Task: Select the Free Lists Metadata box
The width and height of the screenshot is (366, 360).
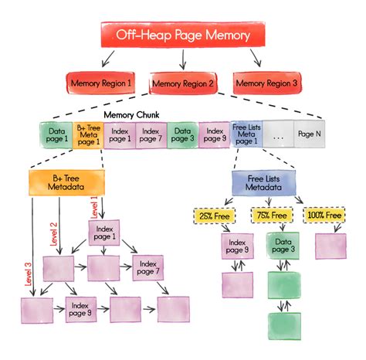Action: point(262,182)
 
